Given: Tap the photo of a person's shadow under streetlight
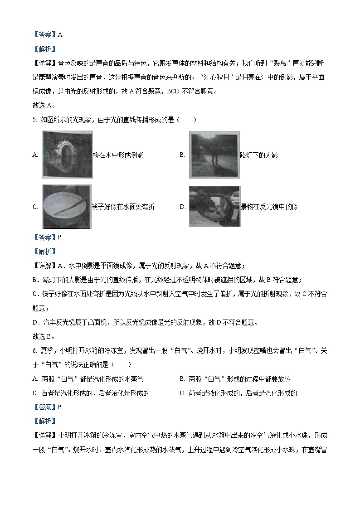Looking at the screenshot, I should coord(214,155).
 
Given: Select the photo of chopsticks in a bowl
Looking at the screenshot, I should coord(66,206).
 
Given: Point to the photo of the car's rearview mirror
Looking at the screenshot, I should coord(214,206).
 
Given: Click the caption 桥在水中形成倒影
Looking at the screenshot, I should coord(118,155).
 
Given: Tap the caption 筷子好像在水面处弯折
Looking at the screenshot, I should coord(123,207).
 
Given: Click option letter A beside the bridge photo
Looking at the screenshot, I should coord(35,155).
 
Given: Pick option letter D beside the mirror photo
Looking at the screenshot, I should coord(182,207).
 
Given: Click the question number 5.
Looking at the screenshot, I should coord(35,120).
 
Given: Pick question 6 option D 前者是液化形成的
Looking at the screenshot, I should coord(238,393).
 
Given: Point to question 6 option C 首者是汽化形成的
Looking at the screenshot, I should coord(91,393).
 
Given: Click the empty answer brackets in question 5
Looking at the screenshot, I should coord(188,120).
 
